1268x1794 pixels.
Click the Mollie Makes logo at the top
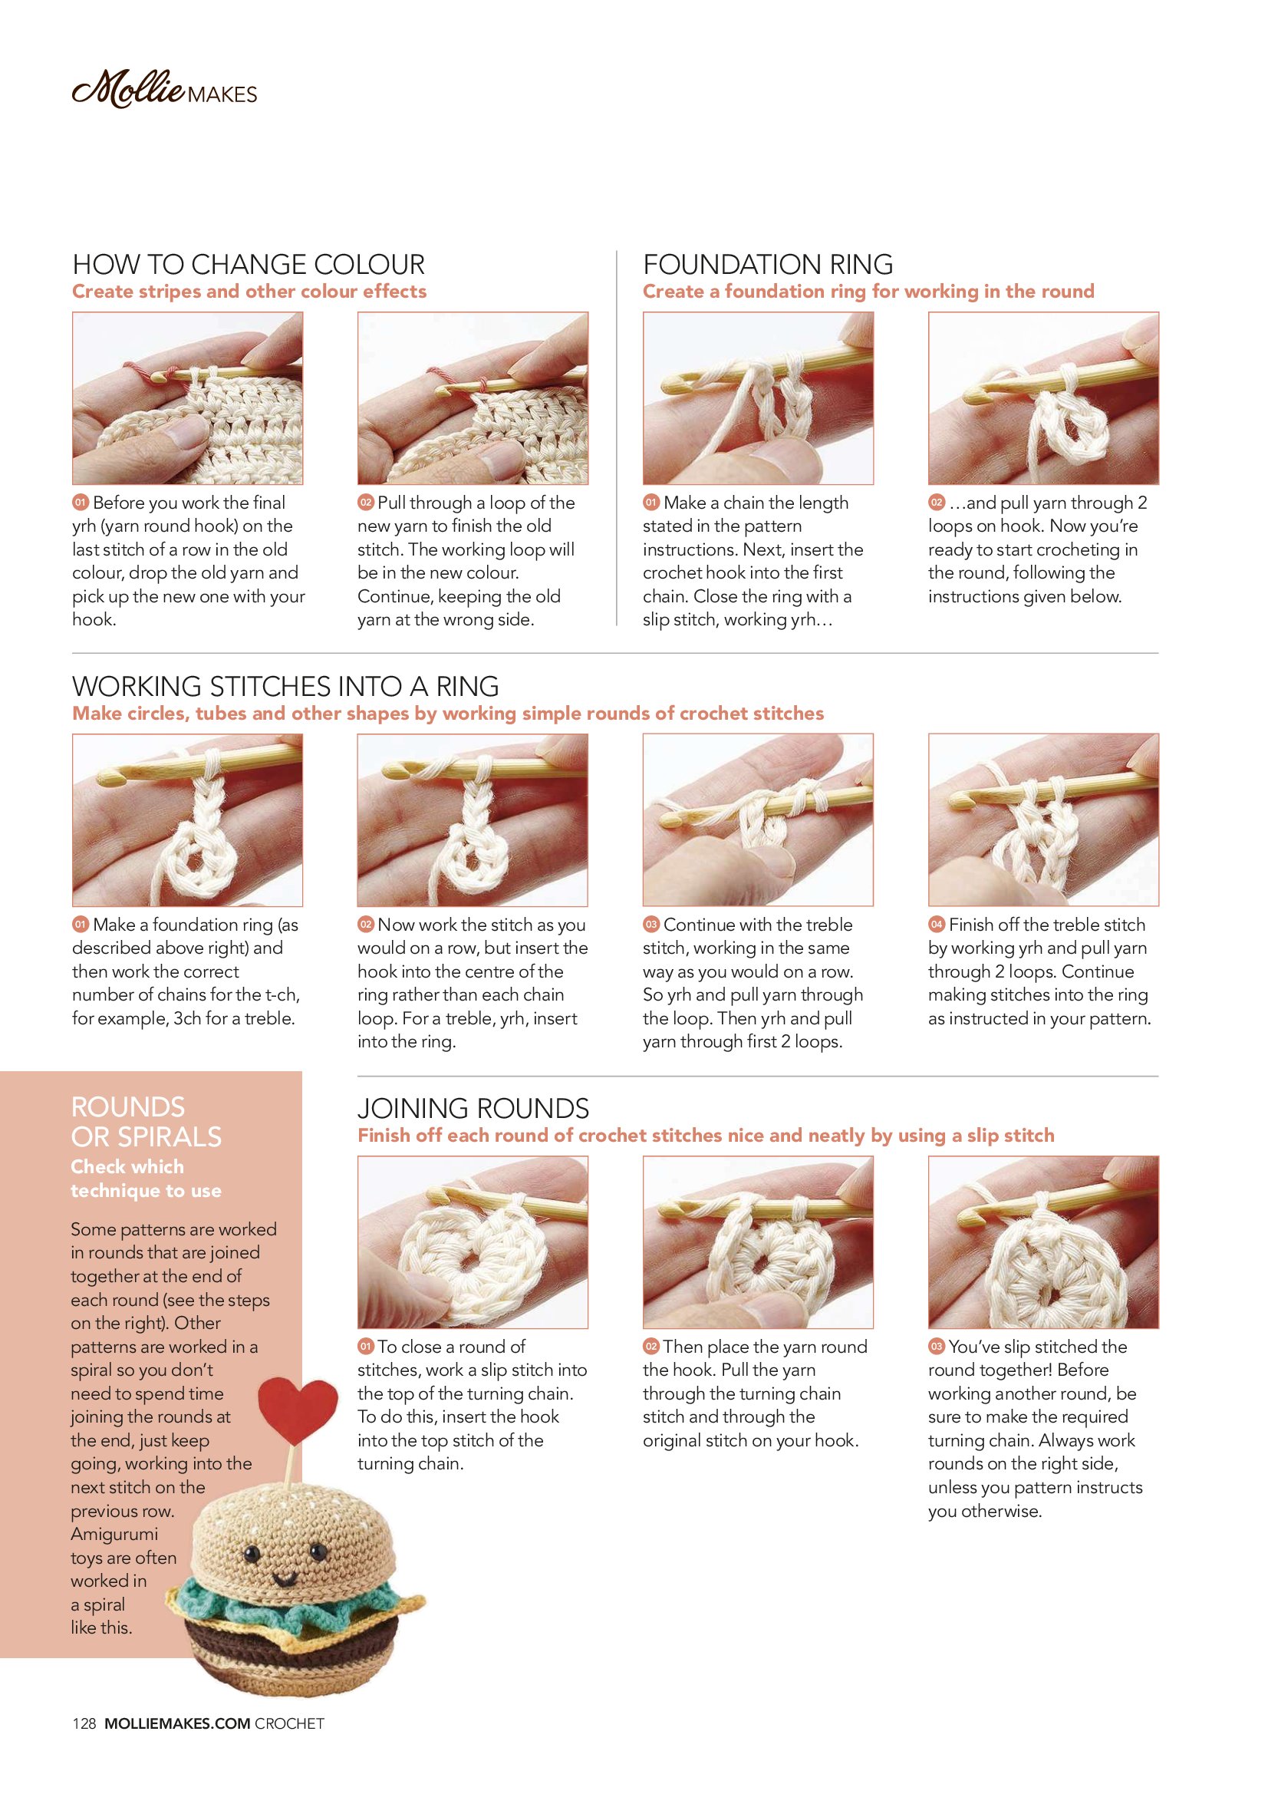coord(164,89)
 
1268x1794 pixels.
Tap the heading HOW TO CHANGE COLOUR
coord(249,264)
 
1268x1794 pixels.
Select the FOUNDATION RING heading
coord(768,264)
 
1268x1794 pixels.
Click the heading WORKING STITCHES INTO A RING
coord(285,686)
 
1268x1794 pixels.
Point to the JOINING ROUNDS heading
coord(473,1108)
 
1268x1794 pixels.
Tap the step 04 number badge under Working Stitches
coord(936,925)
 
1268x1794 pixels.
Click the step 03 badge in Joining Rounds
coord(936,1347)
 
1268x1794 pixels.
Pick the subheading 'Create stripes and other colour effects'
coord(249,292)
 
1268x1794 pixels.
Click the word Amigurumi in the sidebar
coord(114,1534)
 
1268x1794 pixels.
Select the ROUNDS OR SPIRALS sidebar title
coord(146,1122)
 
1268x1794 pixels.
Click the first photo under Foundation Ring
coord(758,398)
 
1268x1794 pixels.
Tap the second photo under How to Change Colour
coord(473,398)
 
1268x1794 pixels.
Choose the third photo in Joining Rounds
coord(1043,1242)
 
